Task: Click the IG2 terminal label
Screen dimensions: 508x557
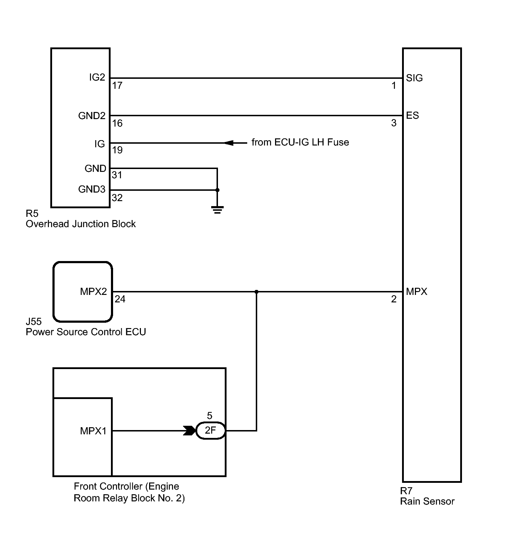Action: click(97, 77)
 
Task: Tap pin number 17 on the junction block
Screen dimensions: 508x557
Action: click(117, 86)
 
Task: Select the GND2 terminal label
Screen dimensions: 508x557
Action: click(92, 116)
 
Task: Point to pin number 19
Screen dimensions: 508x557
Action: click(117, 150)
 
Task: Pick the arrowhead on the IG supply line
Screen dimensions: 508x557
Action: click(229, 143)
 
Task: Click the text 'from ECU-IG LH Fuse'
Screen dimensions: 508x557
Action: click(300, 142)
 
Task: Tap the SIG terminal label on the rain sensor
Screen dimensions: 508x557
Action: click(414, 78)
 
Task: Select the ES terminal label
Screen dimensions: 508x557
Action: click(412, 115)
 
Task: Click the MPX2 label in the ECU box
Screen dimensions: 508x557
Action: click(93, 291)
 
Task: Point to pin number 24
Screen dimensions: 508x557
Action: click(120, 299)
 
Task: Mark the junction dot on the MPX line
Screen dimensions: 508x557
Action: click(256, 292)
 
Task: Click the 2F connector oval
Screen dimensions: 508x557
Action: click(210, 431)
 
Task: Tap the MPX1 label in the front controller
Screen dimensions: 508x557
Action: click(93, 431)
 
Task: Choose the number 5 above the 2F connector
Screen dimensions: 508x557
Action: click(209, 416)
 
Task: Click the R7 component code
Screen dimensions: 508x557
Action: click(406, 491)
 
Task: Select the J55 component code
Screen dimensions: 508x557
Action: click(34, 321)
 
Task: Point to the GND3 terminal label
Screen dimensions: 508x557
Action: click(92, 189)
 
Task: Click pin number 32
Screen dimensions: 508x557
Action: click(117, 198)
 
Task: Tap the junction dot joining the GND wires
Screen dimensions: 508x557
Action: click(217, 190)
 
